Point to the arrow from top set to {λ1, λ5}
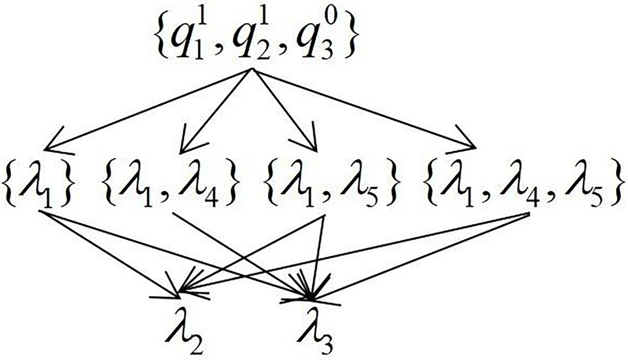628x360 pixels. click(x=282, y=108)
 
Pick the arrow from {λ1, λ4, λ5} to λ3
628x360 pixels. click(x=421, y=255)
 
